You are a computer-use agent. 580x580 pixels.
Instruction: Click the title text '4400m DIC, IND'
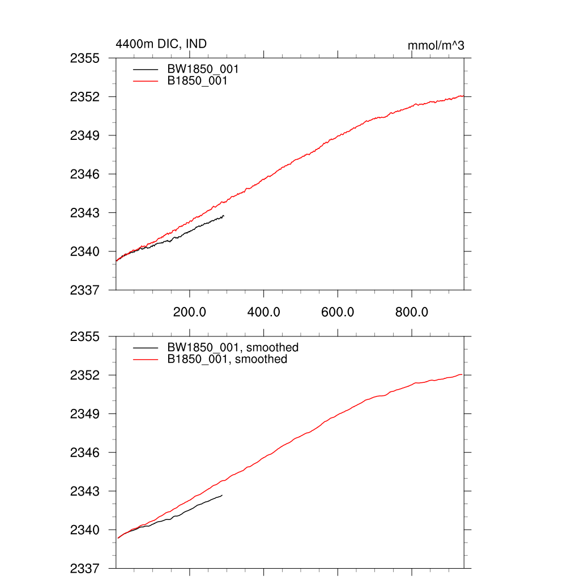point(157,44)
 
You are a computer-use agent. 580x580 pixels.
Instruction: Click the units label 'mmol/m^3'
point(436,45)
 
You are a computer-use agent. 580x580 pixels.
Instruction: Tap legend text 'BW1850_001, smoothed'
point(233,347)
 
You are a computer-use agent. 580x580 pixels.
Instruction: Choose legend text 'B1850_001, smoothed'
point(227,359)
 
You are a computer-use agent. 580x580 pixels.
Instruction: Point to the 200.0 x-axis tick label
point(190,312)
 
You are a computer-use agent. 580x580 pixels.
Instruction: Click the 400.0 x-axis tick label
point(264,312)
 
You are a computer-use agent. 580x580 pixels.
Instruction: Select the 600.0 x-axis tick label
point(338,312)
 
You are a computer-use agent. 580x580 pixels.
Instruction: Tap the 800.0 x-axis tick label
point(412,312)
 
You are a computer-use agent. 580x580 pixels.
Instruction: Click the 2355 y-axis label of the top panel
point(85,58)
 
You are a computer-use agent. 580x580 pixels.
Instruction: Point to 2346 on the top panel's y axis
point(85,174)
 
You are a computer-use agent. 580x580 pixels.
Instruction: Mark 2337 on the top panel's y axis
point(85,290)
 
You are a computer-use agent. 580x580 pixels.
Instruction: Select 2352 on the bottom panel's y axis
point(85,376)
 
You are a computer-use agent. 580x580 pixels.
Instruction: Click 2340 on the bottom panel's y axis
point(85,530)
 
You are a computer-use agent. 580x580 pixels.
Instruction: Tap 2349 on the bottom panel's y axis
point(85,414)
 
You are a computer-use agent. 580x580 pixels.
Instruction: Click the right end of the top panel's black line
point(224,216)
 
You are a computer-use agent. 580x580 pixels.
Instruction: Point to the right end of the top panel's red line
point(463,96)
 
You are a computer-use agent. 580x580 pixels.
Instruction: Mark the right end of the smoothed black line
point(222,495)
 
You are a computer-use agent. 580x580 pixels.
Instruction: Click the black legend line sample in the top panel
point(146,69)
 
